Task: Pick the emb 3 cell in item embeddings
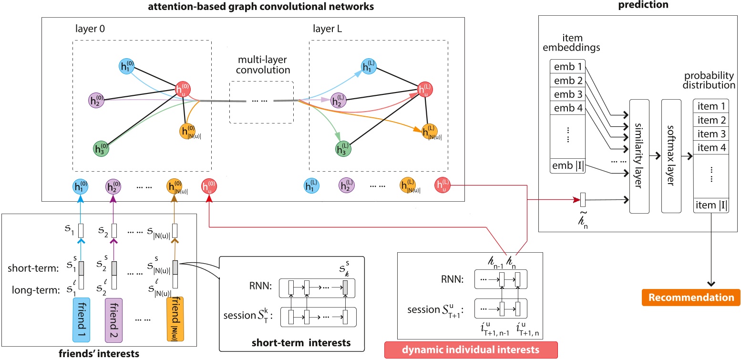[567, 94]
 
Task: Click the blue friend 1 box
[84, 319]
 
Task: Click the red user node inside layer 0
[184, 89]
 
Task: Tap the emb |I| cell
[567, 166]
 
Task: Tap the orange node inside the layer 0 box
[187, 130]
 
